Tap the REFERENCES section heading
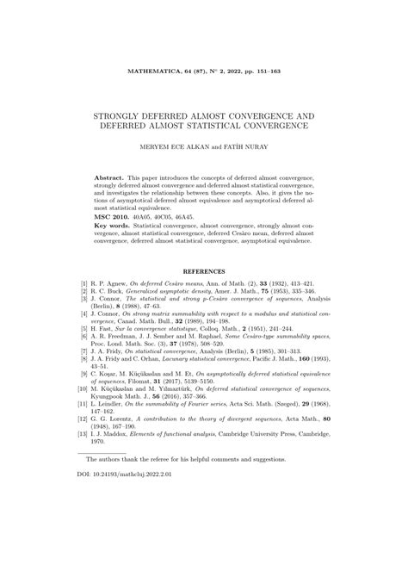(204, 272)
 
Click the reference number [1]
(84, 282)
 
